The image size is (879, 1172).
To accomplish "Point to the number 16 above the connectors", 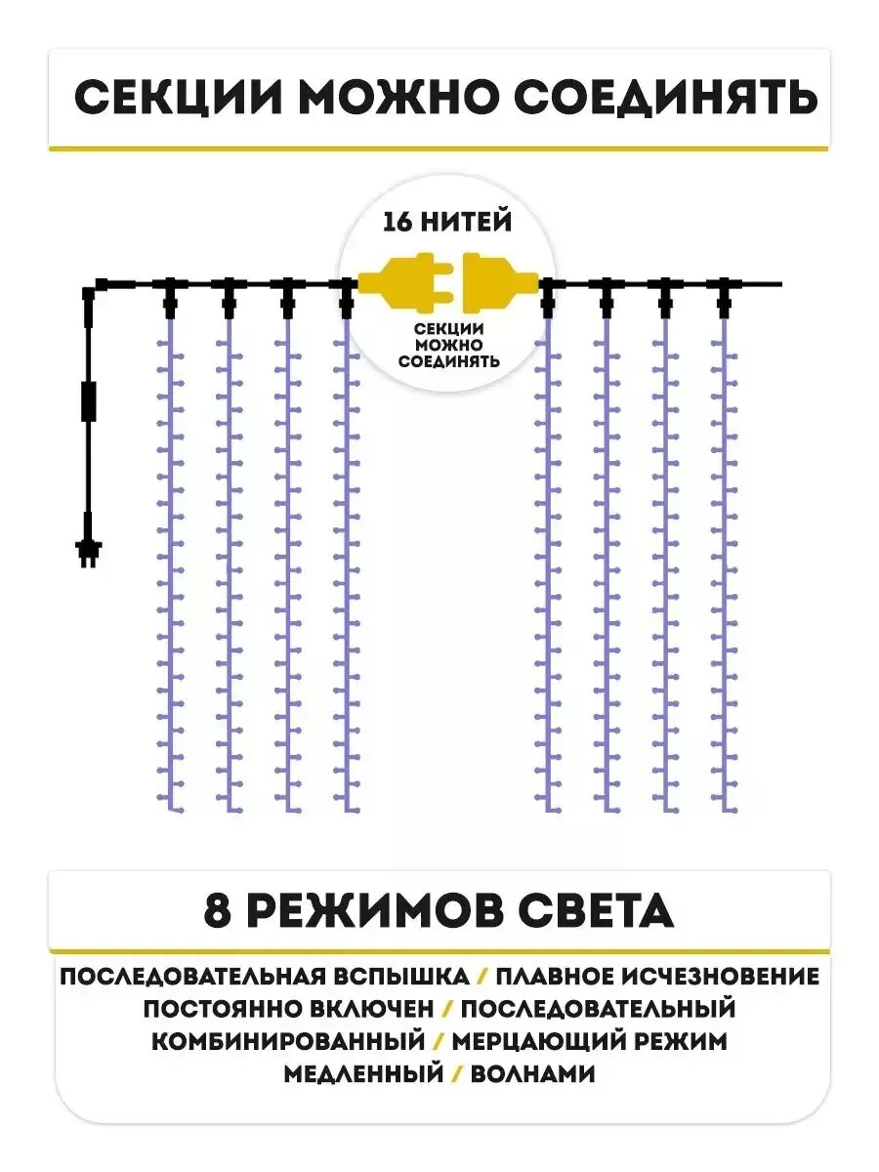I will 398,223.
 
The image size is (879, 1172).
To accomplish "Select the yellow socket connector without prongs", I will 499,283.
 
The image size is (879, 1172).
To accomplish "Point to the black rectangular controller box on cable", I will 89,401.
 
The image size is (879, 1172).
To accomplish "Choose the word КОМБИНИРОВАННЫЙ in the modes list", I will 289,1041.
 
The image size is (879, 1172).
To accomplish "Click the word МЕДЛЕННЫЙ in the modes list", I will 363,1073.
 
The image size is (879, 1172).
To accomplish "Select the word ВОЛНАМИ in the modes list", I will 532,1073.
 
